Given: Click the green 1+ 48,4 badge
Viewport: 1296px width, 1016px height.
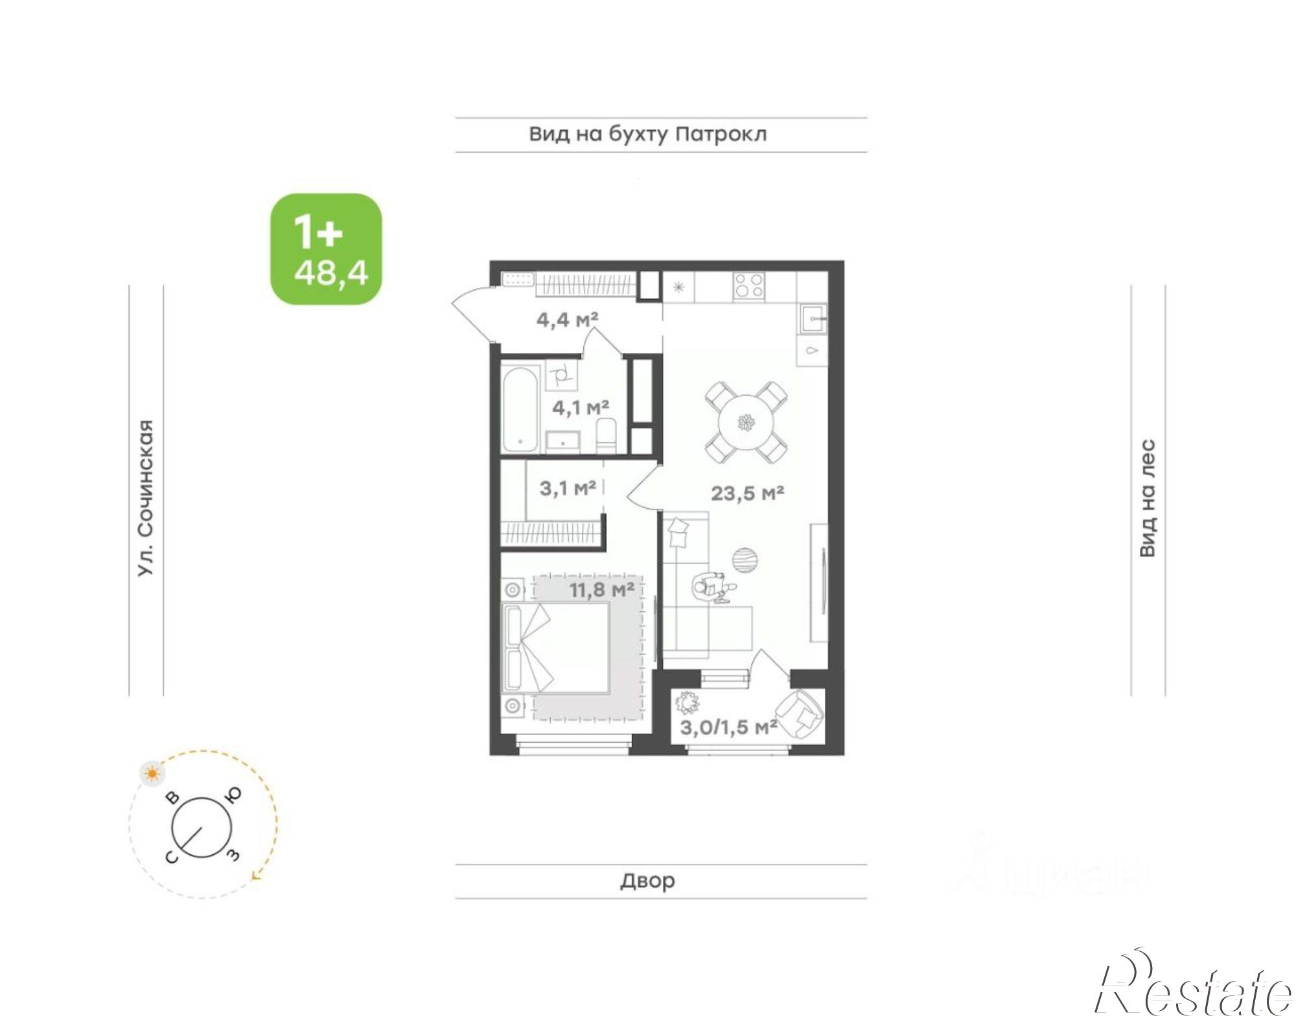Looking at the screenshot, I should [x=326, y=249].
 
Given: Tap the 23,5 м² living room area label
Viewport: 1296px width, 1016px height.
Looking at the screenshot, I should [x=747, y=493].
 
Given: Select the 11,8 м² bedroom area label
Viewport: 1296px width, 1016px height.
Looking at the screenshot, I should [x=601, y=590].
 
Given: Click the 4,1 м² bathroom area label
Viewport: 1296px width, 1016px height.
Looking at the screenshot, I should [x=580, y=408].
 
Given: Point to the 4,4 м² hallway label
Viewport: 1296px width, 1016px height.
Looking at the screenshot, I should [x=567, y=319].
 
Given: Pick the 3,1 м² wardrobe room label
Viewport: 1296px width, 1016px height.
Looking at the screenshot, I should [x=568, y=488].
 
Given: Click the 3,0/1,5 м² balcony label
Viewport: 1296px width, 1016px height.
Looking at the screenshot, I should [x=728, y=727].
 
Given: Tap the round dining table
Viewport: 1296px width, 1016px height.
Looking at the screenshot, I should [x=746, y=423].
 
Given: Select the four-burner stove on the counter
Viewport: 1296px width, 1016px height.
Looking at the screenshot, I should [x=748, y=286].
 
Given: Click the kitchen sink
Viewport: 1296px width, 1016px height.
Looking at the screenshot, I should [x=813, y=319].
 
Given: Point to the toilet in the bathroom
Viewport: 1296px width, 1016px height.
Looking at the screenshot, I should [x=606, y=435].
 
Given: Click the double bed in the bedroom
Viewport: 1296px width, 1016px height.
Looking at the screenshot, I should [x=556, y=648].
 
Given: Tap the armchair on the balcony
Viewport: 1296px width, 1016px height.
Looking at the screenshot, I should [x=800, y=714].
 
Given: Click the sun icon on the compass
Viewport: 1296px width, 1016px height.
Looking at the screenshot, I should [x=152, y=773].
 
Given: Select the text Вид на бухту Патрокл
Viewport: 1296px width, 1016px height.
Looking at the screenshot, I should [x=648, y=135].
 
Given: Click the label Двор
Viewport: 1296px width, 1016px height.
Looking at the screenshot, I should [x=647, y=881].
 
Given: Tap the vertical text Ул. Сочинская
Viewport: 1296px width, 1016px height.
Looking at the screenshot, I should [x=146, y=498].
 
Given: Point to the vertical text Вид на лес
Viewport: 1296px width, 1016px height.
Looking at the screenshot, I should [x=1148, y=497].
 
